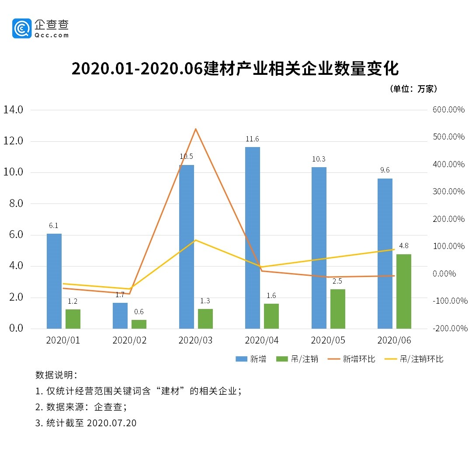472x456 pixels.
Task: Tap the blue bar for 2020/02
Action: tap(120, 316)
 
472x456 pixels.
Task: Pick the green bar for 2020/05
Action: tap(337, 309)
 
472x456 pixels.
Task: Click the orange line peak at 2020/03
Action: tap(196, 129)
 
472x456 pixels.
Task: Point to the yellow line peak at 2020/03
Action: tap(196, 240)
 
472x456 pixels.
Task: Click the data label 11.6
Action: tap(252, 139)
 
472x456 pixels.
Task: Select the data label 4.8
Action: tap(403, 246)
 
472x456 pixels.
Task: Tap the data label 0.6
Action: tap(139, 312)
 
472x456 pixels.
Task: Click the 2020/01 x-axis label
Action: tap(63, 340)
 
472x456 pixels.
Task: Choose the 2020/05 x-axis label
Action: tap(328, 340)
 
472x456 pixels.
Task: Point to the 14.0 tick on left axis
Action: tap(13, 109)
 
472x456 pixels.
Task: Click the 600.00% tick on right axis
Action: tap(449, 110)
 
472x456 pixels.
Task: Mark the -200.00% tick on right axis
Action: tap(449, 328)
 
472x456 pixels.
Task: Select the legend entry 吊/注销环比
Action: tap(421, 359)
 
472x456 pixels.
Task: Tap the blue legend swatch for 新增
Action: tap(241, 359)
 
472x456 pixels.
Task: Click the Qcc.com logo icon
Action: tap(22, 28)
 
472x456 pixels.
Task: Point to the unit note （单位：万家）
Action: tap(413, 89)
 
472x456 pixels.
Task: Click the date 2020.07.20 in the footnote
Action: tap(112, 423)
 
